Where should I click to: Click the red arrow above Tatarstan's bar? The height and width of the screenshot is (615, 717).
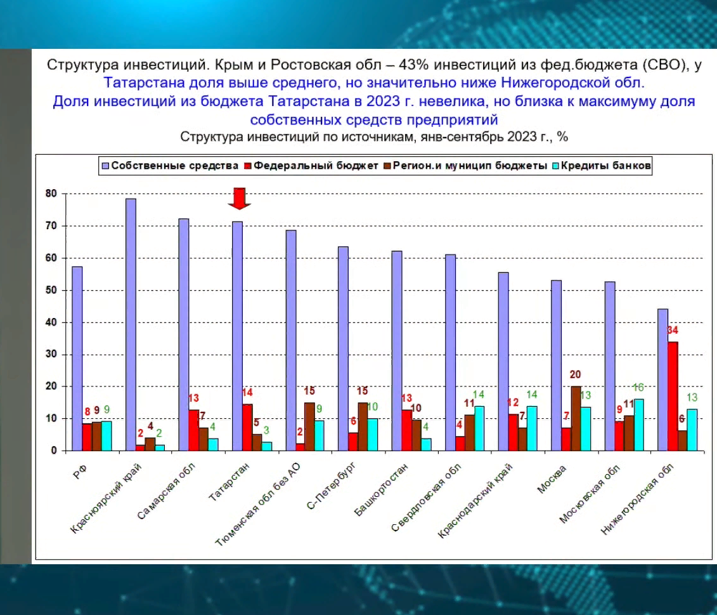pos(240,198)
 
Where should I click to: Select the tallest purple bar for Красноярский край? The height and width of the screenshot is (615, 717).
pos(131,324)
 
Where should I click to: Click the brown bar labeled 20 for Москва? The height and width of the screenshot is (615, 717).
pos(576,418)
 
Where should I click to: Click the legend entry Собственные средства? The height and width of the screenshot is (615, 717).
pos(171,166)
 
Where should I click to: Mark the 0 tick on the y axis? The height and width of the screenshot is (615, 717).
pos(54,451)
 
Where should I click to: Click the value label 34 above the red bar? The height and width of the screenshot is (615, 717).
pos(672,331)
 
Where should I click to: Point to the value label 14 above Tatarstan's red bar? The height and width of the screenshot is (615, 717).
pos(246,393)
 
